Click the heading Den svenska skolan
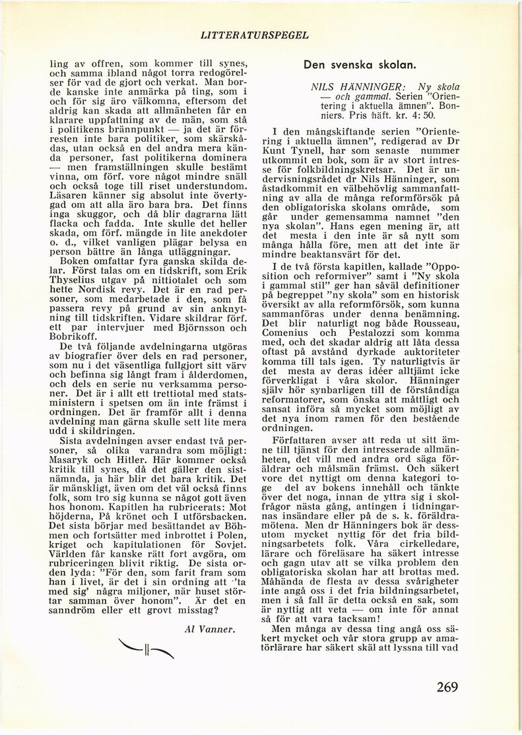coord(359,65)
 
